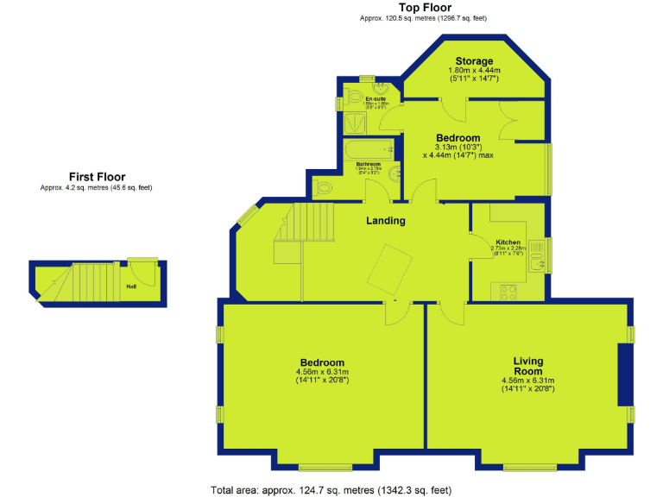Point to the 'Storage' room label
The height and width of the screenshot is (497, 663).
tap(475, 61)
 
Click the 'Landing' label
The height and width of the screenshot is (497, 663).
tap(385, 221)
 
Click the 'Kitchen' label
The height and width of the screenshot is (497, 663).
tap(508, 242)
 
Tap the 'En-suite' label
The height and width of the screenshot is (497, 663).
tap(375, 99)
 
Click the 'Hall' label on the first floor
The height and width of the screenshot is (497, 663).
tap(131, 286)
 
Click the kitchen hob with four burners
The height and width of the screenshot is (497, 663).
tap(508, 292)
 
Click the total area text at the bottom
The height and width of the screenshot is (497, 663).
tap(331, 490)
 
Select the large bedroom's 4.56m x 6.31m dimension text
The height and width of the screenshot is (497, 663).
tap(322, 373)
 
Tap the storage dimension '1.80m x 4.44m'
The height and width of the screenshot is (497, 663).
tap(475, 71)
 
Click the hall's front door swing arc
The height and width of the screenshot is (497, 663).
tap(148, 274)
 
